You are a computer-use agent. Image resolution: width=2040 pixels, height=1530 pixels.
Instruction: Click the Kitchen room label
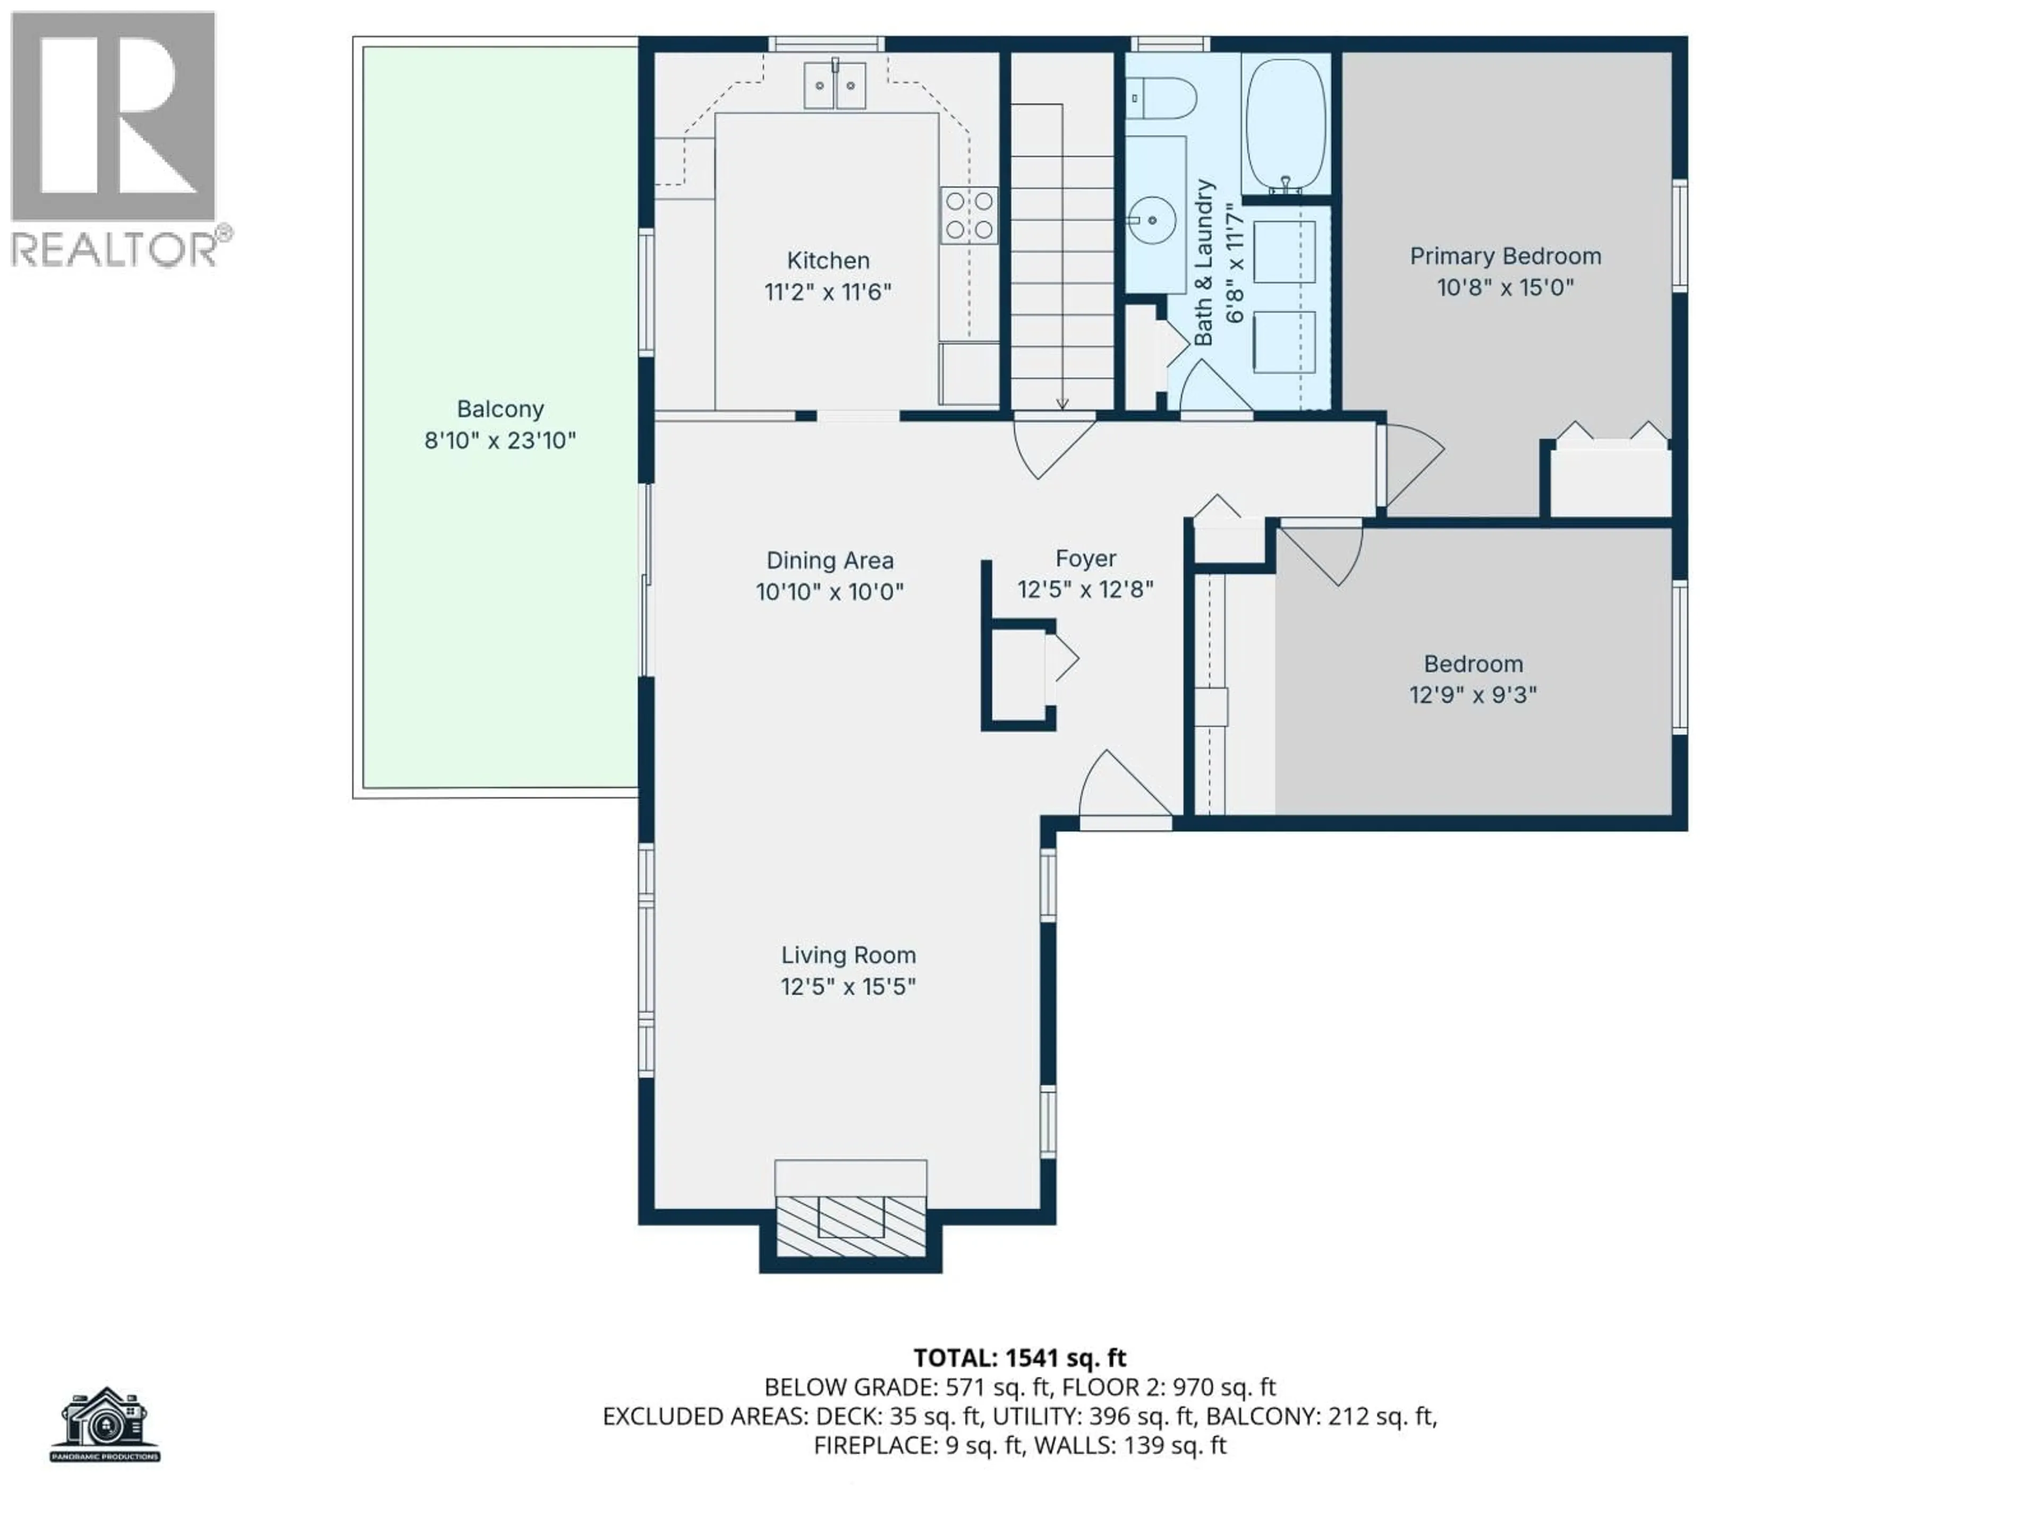point(827,261)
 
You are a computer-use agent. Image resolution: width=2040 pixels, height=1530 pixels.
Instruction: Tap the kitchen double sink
point(835,86)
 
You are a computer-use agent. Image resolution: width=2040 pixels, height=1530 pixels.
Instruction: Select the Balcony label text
point(500,409)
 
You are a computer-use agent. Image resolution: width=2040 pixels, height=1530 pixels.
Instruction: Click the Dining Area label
point(829,560)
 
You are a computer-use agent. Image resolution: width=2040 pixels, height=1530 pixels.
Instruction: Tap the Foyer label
point(1085,558)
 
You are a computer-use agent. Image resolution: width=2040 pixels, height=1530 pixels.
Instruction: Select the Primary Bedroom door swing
point(1411,466)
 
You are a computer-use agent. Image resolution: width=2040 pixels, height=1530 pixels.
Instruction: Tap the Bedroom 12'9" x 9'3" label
point(1473,679)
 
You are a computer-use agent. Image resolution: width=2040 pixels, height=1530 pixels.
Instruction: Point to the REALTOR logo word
point(113,249)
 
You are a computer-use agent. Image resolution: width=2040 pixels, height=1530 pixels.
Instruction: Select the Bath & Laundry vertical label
point(1203,263)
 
